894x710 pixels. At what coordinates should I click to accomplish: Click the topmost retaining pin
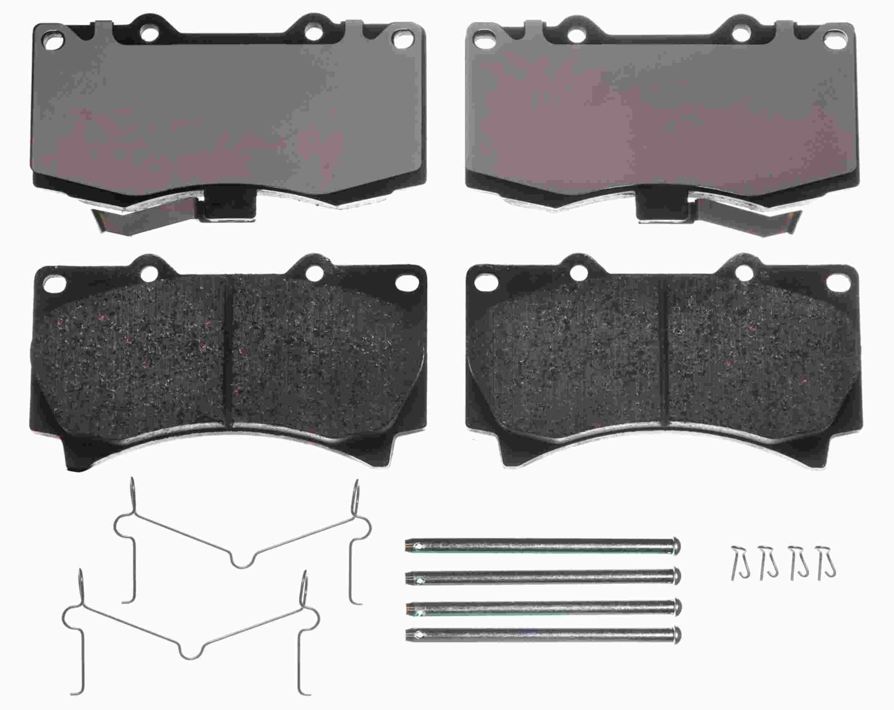539,546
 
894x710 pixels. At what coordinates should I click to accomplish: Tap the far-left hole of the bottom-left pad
54,284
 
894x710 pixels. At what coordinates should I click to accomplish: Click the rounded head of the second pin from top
677,575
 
